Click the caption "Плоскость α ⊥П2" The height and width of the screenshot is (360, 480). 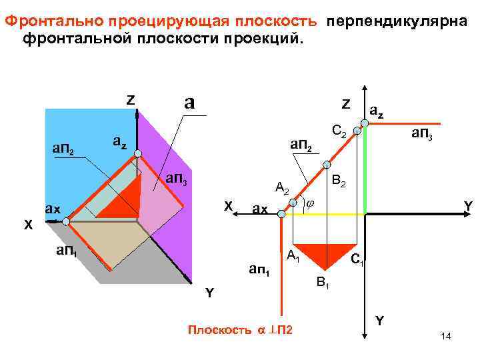[241, 330]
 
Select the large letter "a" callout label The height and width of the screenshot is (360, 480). [190, 102]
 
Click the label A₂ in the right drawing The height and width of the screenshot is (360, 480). [282, 188]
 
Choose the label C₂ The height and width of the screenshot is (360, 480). [339, 133]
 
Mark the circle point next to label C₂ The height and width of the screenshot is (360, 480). [357, 132]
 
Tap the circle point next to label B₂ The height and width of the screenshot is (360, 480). [327, 164]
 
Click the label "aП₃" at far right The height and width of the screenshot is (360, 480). [423, 133]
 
